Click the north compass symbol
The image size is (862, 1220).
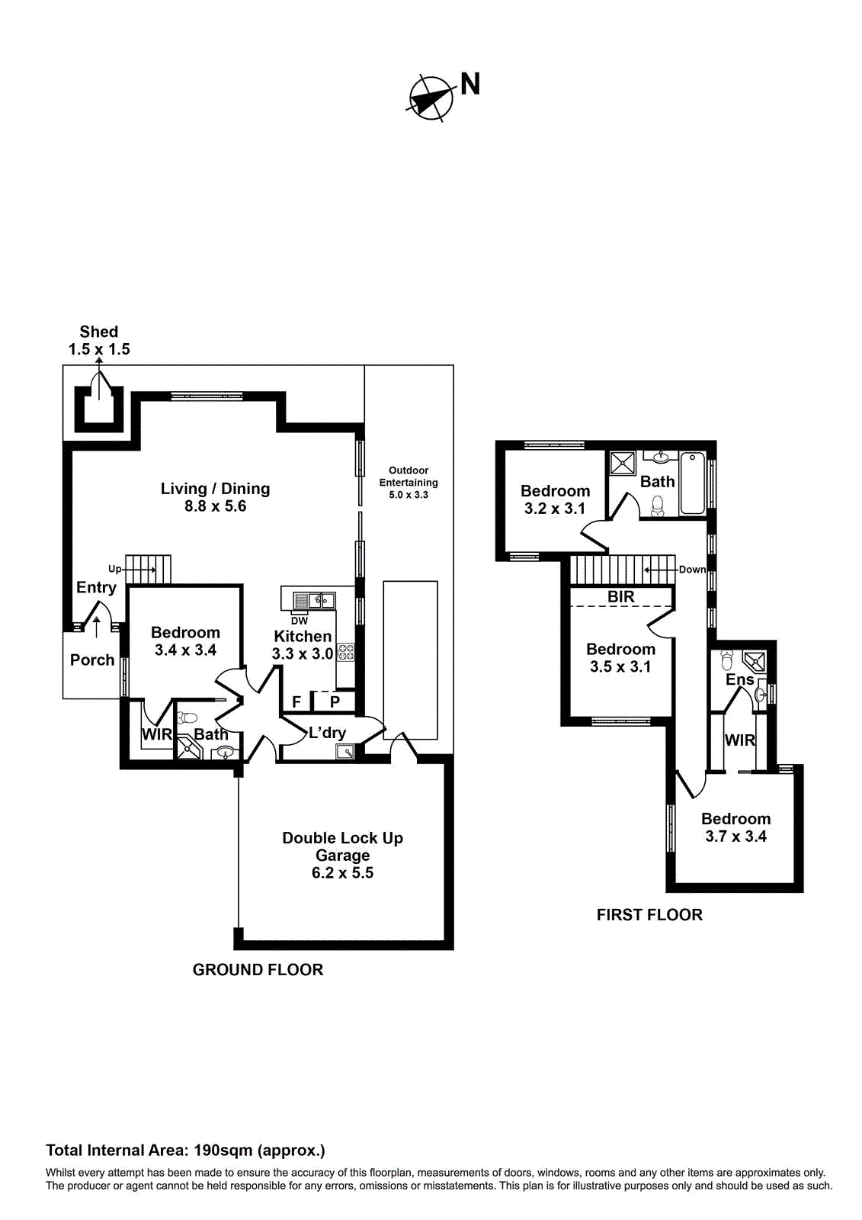pyautogui.click(x=430, y=98)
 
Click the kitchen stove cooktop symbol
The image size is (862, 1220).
pyautogui.click(x=345, y=652)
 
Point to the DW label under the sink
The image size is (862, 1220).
pyautogui.click(x=300, y=621)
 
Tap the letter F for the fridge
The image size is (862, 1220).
pyautogui.click(x=296, y=701)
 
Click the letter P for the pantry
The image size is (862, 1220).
pyautogui.click(x=335, y=701)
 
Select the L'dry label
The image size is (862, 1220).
pyautogui.click(x=327, y=733)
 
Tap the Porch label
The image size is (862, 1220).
pyautogui.click(x=92, y=660)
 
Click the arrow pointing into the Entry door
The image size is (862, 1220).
pyautogui.click(x=96, y=626)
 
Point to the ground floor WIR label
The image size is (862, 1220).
pyautogui.click(x=157, y=734)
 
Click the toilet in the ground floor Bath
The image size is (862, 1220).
pyautogui.click(x=187, y=718)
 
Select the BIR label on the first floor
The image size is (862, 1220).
pyautogui.click(x=620, y=597)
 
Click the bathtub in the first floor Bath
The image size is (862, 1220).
pyautogui.click(x=693, y=483)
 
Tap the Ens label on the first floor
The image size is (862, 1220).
pyautogui.click(x=739, y=679)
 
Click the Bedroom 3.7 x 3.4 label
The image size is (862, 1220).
pyautogui.click(x=735, y=827)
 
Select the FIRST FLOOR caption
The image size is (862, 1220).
pyautogui.click(x=649, y=915)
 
